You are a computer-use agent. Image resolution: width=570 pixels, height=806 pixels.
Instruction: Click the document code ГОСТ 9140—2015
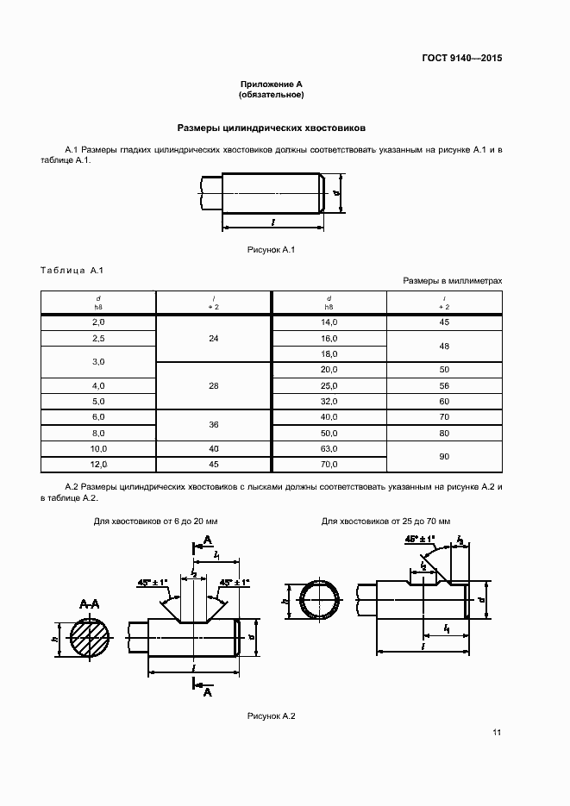pos(461,59)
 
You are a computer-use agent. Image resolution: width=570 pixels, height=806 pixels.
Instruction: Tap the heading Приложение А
pos(272,84)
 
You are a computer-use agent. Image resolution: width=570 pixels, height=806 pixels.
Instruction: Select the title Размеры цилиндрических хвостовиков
pos(272,127)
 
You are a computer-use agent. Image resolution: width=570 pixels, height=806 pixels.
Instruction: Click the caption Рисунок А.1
pos(272,250)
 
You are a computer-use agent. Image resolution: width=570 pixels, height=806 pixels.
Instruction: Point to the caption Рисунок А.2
pos(272,716)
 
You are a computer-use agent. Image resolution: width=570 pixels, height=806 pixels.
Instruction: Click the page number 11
pos(497,733)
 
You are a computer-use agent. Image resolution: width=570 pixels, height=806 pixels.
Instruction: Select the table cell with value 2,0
pos(98,322)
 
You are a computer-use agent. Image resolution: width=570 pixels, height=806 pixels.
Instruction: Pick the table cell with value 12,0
pos(98,465)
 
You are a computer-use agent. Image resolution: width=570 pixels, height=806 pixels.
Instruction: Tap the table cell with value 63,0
pos(329,449)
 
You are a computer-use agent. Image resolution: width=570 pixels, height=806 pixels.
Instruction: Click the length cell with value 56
pos(444,385)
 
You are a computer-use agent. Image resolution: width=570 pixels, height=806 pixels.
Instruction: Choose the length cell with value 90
pos(444,456)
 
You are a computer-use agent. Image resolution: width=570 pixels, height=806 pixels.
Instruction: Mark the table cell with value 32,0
pos(329,401)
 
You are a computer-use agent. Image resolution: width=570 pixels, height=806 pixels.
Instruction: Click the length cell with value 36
pos(214,424)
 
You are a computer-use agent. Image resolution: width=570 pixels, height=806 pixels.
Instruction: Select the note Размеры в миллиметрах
pos(452,281)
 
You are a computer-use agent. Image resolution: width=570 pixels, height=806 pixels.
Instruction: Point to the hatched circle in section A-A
pos(91,640)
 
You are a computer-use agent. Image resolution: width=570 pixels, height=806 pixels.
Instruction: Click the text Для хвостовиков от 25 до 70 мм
pos(386,522)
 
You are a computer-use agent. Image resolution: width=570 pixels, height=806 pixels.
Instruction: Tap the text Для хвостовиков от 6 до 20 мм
pos(156,522)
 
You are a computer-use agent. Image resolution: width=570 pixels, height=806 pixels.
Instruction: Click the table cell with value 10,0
pos(98,449)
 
